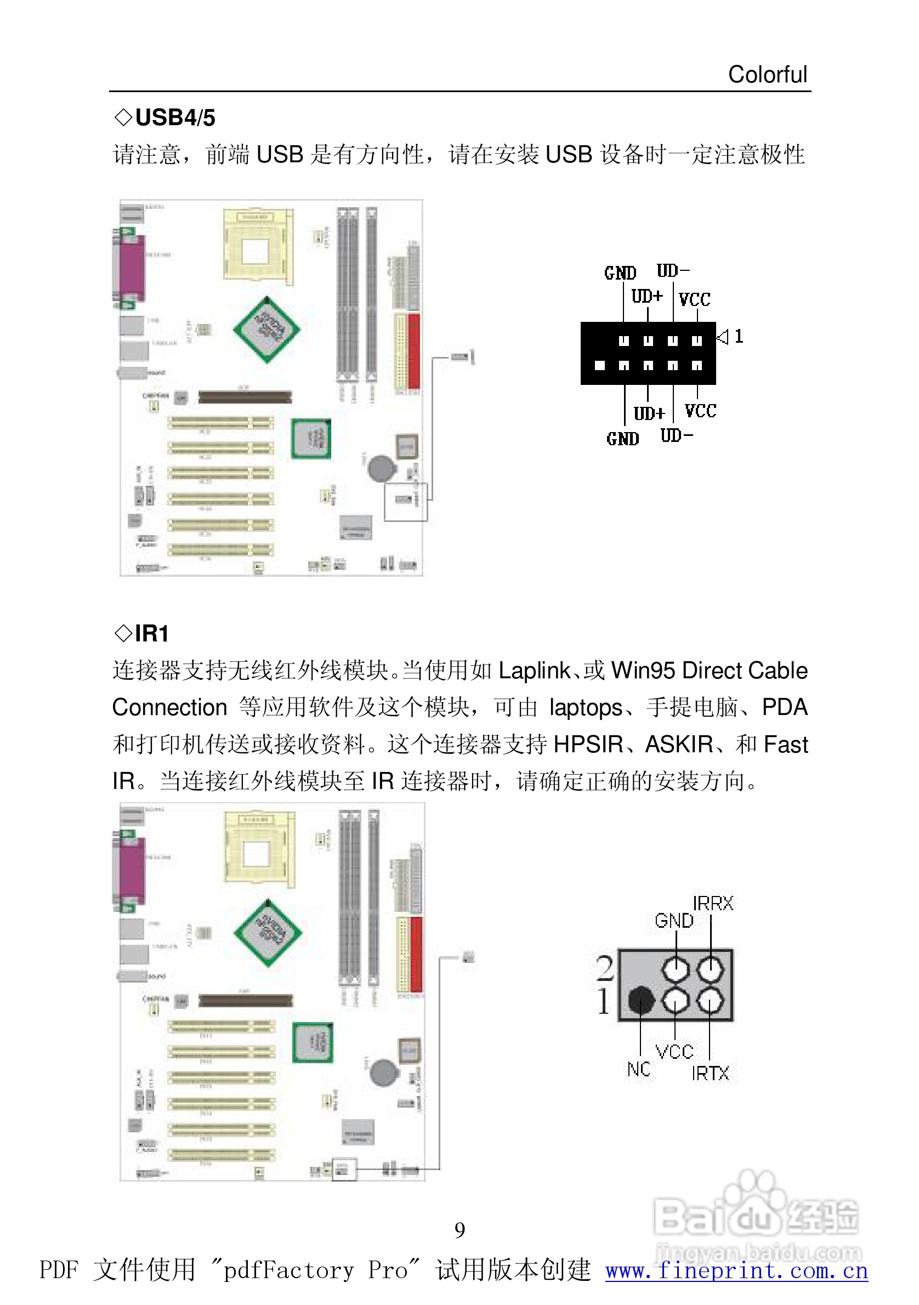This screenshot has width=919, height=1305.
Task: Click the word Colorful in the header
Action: pyautogui.click(x=767, y=75)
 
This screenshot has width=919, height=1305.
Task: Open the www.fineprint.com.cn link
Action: pyautogui.click(x=736, y=1271)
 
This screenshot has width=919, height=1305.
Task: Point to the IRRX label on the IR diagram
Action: pyautogui.click(x=713, y=903)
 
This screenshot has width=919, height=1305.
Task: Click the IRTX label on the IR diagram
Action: pyautogui.click(x=710, y=1073)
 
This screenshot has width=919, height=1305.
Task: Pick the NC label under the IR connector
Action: pyautogui.click(x=638, y=1069)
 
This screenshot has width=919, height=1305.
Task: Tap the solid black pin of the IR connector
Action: pyautogui.click(x=640, y=1000)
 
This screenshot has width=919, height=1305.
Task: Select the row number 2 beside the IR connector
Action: pyautogui.click(x=605, y=968)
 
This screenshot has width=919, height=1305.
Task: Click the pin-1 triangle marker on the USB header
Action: pyautogui.click(x=722, y=337)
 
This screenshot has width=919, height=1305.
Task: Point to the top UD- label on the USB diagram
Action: pyautogui.click(x=673, y=270)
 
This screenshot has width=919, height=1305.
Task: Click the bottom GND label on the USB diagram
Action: pyautogui.click(x=622, y=439)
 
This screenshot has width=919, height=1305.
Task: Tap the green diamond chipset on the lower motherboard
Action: pyautogui.click(x=268, y=932)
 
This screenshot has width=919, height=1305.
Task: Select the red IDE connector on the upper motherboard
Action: pyautogui.click(x=414, y=350)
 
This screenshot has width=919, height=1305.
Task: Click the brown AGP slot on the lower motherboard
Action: pyautogui.click(x=245, y=1000)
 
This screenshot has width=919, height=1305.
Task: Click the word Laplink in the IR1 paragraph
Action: pyautogui.click(x=534, y=671)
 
